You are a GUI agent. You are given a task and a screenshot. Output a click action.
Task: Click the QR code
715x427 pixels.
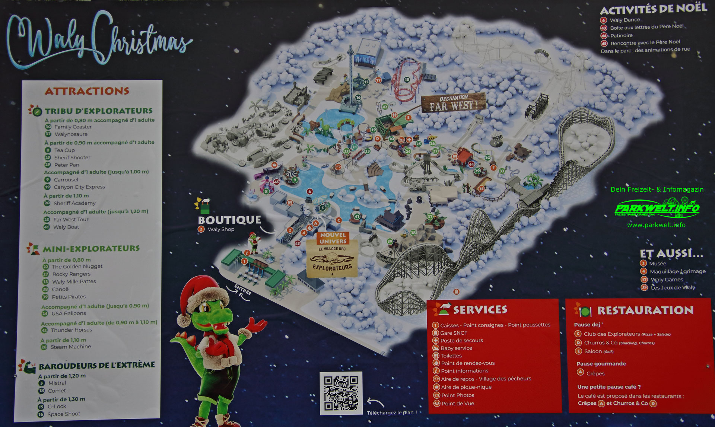tap(341, 393)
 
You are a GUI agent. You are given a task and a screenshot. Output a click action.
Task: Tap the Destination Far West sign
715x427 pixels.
tap(454, 103)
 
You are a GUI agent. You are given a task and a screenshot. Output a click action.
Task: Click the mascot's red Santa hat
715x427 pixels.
tap(203, 294)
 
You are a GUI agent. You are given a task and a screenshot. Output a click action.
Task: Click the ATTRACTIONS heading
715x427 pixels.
tap(87, 91)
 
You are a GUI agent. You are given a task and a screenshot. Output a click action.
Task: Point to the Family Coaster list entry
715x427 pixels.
tap(73, 127)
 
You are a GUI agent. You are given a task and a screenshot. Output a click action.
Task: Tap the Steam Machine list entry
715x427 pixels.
tap(70, 347)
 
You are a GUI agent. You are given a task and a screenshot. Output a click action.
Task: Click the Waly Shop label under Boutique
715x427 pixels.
tap(221, 229)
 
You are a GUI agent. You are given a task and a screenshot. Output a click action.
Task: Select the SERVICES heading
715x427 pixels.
tap(480, 309)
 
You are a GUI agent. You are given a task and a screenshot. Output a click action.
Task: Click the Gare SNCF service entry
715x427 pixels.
tap(454, 333)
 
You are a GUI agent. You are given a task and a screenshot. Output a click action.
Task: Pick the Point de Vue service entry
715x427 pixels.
tap(458, 404)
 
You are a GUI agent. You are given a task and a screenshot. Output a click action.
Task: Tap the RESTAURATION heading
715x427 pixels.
tap(645, 310)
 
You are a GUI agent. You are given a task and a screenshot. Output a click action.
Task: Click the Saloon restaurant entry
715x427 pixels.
tap(593, 351)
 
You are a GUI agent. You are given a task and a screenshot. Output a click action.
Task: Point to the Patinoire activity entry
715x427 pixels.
tap(621, 35)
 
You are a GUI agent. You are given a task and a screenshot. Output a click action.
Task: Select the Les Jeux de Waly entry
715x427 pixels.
tap(673, 287)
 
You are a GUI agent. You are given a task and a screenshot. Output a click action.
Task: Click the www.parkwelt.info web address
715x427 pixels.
tap(656, 225)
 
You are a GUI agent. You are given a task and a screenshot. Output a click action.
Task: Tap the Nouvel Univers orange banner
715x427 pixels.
tap(333, 238)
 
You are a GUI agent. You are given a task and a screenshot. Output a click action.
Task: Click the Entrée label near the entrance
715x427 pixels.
tap(243, 289)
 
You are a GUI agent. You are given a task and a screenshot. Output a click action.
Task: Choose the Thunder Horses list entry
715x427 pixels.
tap(71, 330)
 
